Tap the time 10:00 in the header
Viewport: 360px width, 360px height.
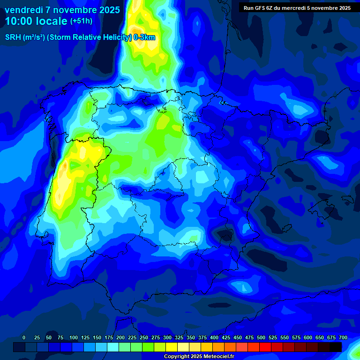(20, 21)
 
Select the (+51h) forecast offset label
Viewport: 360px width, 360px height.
(81, 21)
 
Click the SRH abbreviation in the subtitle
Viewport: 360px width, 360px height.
(13, 37)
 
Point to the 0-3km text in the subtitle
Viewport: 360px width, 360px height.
(144, 37)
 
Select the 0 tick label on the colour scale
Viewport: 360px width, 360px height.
(24, 337)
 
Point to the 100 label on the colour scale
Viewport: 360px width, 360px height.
(74, 337)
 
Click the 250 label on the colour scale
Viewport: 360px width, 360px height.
(144, 337)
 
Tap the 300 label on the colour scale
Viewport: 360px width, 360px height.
(167, 337)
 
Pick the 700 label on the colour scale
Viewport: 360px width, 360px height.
(343, 337)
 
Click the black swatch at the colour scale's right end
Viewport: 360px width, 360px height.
(336, 347)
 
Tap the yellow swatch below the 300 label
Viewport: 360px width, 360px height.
(172, 347)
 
